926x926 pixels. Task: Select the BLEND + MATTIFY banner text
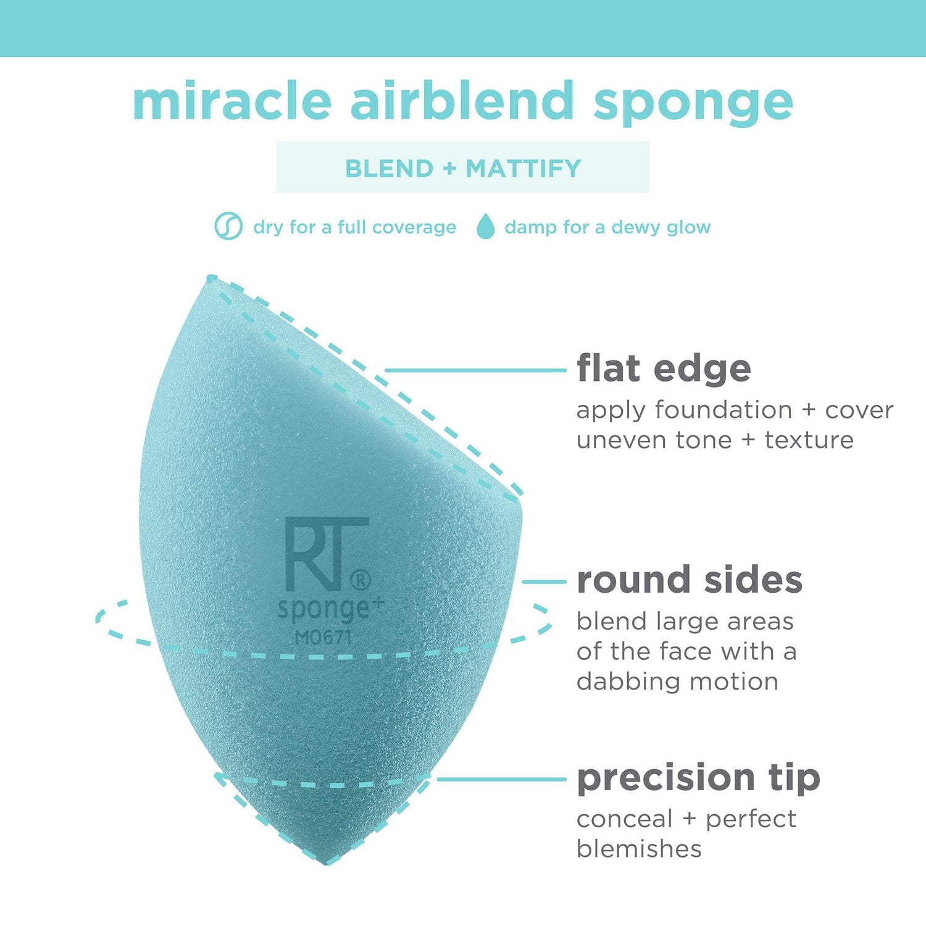click(x=462, y=168)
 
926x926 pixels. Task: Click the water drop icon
click(x=486, y=227)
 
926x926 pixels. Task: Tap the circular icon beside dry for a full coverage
click(x=228, y=227)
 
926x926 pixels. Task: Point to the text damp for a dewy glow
click(x=607, y=227)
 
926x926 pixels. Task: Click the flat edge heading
click(x=664, y=369)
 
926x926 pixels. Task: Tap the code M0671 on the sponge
click(x=323, y=636)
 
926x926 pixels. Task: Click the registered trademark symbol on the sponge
click(x=361, y=580)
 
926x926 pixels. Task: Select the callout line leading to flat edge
click(x=475, y=370)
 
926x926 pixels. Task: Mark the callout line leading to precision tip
click(x=501, y=779)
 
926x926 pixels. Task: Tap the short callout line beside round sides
click(x=544, y=582)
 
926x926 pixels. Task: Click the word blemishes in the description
click(x=639, y=849)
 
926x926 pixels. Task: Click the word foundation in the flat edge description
click(x=723, y=410)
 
